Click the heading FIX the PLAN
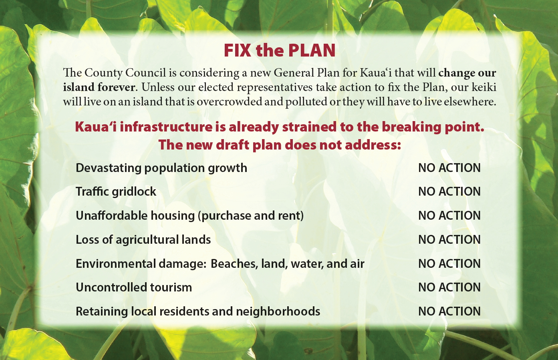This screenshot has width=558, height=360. tap(280, 51)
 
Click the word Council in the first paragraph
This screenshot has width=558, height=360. tap(145, 73)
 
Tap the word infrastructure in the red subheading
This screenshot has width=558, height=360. tap(166, 127)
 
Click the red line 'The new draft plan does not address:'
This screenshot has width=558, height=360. tap(280, 145)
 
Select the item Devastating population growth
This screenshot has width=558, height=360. tap(161, 168)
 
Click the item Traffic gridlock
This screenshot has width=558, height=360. tap(116, 192)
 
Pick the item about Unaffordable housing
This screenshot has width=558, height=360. tap(190, 216)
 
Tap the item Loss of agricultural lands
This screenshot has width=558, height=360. tap(143, 240)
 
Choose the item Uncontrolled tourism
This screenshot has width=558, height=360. tap(134, 287)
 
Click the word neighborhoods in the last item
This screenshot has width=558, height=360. tap(278, 311)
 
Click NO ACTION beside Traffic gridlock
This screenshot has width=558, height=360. tap(449, 192)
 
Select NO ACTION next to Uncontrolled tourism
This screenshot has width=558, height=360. tap(449, 287)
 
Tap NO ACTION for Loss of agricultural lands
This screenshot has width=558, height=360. tap(449, 240)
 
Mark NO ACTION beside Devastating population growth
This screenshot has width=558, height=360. tap(449, 168)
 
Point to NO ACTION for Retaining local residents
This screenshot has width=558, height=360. tap(449, 311)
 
